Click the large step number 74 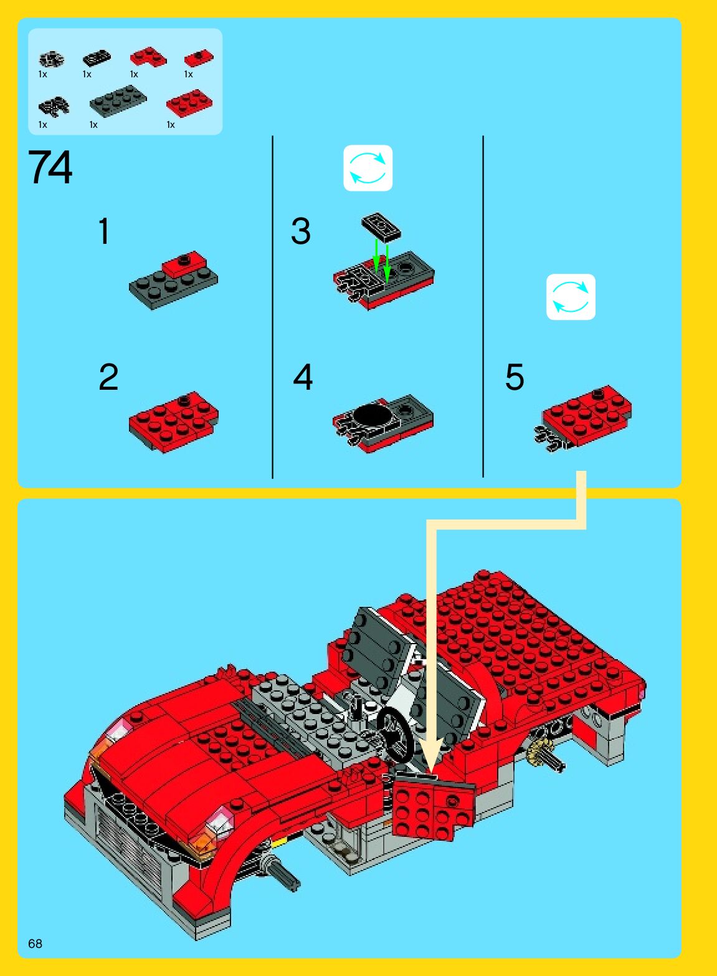(x=50, y=167)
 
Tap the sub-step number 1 (x=103, y=231)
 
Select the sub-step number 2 (x=108, y=377)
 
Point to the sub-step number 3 (x=300, y=231)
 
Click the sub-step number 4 (x=303, y=377)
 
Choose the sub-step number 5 (x=515, y=377)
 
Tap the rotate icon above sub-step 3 (x=368, y=168)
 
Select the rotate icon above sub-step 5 (x=571, y=297)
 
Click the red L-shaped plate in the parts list (x=148, y=57)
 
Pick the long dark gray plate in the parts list (x=118, y=100)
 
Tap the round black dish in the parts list (x=51, y=59)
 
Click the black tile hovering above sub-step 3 (x=381, y=226)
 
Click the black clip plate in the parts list (x=54, y=106)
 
